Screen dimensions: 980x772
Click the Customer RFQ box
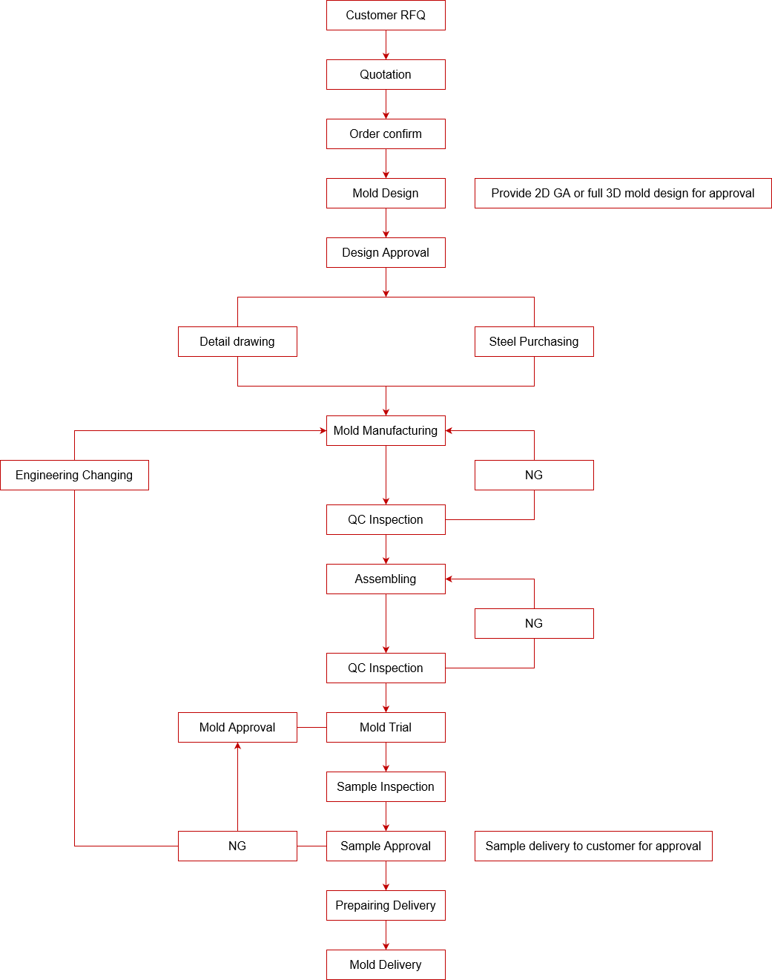pos(386,16)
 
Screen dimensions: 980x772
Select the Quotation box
pos(386,75)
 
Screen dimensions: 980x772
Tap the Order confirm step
pos(386,134)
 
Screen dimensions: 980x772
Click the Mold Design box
pos(386,194)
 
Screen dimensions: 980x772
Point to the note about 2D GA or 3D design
pos(623,194)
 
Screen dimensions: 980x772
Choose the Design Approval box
pos(386,253)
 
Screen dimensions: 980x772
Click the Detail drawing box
pos(237,342)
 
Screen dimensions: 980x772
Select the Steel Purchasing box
pos(534,342)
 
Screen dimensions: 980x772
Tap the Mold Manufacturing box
pos(386,431)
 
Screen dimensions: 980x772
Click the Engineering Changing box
pos(74,476)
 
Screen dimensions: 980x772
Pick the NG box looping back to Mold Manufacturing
pos(534,476)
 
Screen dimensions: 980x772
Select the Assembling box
pos(386,579)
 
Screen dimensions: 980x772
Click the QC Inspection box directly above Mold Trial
pos(386,668)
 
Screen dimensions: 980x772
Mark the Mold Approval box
pos(237,728)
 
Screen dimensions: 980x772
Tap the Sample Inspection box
pos(386,787)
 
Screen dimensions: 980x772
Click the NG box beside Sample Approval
pos(237,846)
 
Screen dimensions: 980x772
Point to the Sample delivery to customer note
pos(593,846)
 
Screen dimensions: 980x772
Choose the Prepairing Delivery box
pos(386,906)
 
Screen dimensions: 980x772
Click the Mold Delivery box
pos(386,965)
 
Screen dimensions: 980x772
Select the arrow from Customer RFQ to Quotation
pos(386,45)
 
